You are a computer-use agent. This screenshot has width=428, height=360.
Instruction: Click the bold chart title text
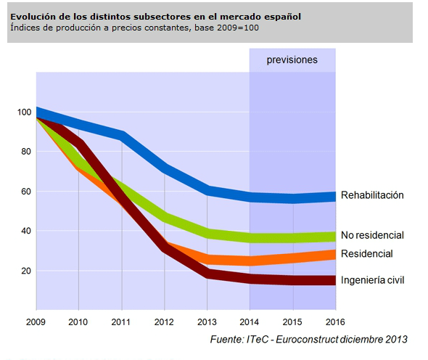[x=155, y=17]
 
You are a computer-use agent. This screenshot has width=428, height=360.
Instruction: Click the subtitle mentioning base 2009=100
[x=135, y=28]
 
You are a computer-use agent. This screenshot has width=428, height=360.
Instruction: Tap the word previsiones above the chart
[x=292, y=60]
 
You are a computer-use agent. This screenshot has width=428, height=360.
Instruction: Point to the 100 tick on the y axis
[x=24, y=112]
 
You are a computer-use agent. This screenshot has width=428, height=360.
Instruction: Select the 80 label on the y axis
[x=26, y=152]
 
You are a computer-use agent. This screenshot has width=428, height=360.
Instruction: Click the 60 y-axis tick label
[x=26, y=192]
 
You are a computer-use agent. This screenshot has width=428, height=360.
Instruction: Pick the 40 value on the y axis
[x=26, y=231]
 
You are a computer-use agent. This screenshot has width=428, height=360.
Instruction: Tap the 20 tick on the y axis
[x=26, y=271]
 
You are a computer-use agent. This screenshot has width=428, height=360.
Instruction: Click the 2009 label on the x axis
[x=36, y=322]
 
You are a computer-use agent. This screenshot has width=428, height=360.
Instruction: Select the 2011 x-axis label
[x=121, y=322]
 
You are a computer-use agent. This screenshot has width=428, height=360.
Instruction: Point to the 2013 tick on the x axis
[x=207, y=322]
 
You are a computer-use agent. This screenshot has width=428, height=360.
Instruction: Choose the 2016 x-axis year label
[x=335, y=322]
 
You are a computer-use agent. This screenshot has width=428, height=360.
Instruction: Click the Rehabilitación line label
[x=372, y=195]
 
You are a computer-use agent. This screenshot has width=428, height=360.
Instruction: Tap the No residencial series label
[x=372, y=235]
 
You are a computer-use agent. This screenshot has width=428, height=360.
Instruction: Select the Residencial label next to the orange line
[x=367, y=254]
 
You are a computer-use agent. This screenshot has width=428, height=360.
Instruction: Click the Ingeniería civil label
[x=373, y=280]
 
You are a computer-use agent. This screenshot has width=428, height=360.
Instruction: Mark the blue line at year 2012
[x=165, y=169]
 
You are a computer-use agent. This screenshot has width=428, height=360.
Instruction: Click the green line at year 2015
[x=293, y=238]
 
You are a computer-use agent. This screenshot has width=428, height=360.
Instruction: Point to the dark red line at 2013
[x=207, y=274]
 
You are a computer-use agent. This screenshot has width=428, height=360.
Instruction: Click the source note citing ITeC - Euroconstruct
[x=309, y=340]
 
